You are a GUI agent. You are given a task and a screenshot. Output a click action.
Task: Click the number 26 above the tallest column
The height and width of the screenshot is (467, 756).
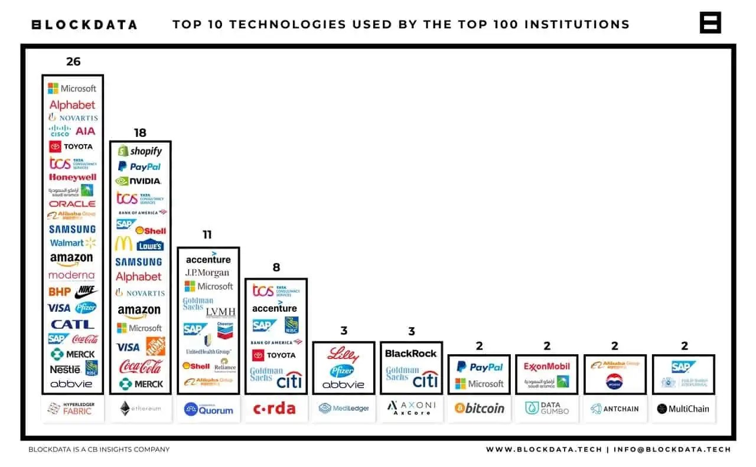[x=73, y=61]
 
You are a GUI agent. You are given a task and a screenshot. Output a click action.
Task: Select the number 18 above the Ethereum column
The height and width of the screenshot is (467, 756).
[x=140, y=133]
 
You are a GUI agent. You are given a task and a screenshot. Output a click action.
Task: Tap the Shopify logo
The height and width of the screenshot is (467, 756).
[x=140, y=151]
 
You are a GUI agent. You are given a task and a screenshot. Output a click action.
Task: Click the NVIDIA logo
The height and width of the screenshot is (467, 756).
[x=139, y=181]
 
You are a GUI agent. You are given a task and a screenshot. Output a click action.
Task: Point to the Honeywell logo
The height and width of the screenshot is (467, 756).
[x=73, y=177]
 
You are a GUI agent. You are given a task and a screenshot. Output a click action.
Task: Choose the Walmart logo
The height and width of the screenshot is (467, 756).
[x=72, y=243]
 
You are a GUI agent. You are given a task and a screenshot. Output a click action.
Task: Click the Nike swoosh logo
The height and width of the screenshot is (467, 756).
[x=86, y=292]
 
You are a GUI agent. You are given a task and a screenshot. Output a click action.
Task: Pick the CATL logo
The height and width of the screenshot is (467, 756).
[x=72, y=324]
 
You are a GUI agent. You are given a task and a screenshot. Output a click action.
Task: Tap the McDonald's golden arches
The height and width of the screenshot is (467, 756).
[x=123, y=243]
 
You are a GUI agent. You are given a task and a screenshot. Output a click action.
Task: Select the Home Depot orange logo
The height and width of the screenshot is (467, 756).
[x=155, y=347]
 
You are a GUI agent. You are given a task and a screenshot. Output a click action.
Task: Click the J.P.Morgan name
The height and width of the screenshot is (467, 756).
[x=207, y=273]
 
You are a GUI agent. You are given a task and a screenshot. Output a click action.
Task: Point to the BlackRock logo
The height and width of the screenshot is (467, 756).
[x=411, y=353]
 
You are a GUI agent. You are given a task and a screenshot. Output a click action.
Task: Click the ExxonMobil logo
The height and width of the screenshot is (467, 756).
[x=547, y=367]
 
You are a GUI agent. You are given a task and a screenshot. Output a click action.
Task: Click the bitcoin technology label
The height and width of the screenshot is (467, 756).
[x=480, y=408]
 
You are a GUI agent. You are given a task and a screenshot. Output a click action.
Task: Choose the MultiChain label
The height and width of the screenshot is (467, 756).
[x=683, y=409]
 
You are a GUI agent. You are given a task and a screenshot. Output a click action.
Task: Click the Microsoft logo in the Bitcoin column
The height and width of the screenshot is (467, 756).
[x=479, y=384]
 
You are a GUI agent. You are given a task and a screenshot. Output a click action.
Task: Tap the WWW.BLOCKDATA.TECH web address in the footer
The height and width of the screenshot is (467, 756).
[x=543, y=449]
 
